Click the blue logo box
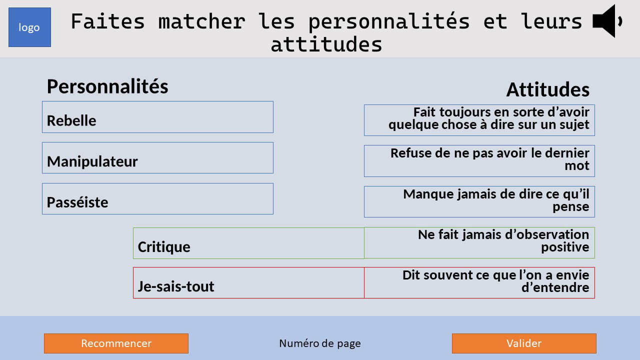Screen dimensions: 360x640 (x=29, y=27)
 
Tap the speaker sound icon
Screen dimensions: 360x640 (x=606, y=21)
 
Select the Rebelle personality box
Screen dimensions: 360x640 (x=157, y=117)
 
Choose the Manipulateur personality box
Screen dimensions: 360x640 (x=157, y=158)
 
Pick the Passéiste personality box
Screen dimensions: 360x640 (x=157, y=199)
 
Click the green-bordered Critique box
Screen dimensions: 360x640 (x=248, y=243)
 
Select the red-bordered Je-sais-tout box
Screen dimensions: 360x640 (x=248, y=283)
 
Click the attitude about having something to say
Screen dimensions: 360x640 (x=479, y=120)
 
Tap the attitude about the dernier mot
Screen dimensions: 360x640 (x=479, y=161)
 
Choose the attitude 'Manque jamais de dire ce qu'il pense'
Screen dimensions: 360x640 (x=479, y=202)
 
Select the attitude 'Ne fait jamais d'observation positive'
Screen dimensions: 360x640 (x=479, y=243)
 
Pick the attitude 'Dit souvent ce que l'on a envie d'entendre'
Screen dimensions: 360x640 (x=479, y=283)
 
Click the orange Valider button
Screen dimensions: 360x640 (x=524, y=343)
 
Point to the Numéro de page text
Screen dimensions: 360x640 (x=320, y=343)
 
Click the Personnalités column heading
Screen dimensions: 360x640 (x=107, y=86)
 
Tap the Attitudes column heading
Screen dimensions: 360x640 (x=548, y=90)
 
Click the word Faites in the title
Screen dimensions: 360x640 (x=107, y=21)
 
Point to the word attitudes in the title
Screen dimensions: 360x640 (x=326, y=44)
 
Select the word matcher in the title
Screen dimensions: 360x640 (x=201, y=21)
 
